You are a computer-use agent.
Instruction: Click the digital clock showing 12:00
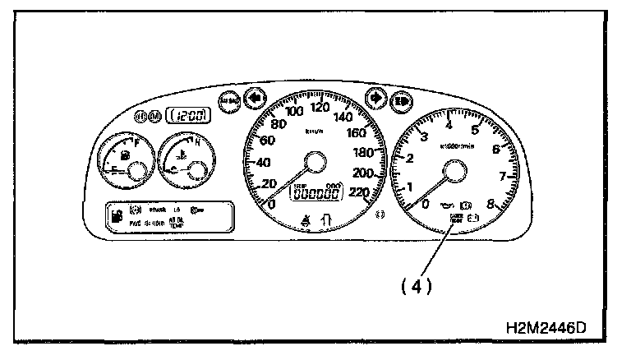[186, 117]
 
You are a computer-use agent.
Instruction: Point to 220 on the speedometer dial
[358, 192]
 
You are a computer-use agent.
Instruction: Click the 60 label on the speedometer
[265, 141]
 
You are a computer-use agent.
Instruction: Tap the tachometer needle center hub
[454, 172]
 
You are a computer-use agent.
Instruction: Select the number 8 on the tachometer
[491, 204]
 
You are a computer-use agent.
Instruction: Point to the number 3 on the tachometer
[422, 136]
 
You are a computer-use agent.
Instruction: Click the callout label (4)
[417, 287]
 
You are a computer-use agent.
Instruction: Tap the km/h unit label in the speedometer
[313, 131]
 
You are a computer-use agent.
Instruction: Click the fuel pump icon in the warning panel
[117, 217]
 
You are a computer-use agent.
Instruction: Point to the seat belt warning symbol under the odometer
[306, 219]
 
